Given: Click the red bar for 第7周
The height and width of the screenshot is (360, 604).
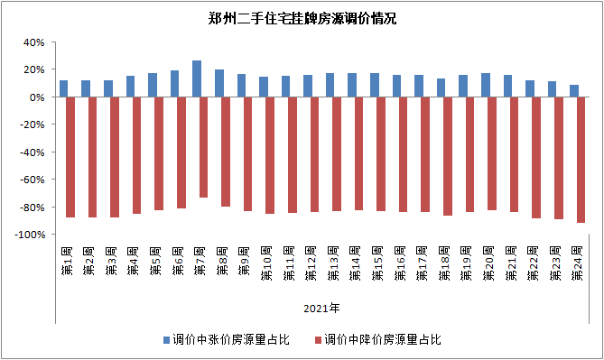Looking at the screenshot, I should [203, 147].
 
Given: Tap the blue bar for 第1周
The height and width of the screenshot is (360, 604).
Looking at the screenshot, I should [63, 88].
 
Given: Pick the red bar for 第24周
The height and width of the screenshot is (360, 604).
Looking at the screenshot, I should [580, 160].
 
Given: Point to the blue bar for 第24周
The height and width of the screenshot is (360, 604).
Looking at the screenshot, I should [573, 91].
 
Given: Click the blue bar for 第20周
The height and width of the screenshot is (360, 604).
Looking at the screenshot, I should [485, 85].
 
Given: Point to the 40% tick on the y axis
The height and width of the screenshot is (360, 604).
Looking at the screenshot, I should [33, 42].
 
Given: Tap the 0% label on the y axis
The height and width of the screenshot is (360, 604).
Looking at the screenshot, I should [37, 97].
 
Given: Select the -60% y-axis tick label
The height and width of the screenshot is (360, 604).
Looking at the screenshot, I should [32, 180].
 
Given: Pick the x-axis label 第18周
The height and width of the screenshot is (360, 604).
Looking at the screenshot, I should [444, 262].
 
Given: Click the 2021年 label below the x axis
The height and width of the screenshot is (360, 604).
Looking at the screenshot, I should [321, 309].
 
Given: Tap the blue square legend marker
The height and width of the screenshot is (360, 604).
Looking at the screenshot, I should [167, 340].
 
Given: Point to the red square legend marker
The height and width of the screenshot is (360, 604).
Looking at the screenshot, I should [317, 340].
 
